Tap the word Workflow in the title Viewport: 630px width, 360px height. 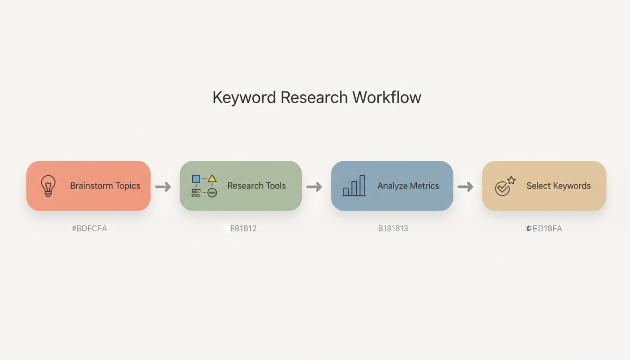pyautogui.click(x=387, y=97)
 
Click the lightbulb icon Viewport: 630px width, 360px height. pyautogui.click(x=48, y=186)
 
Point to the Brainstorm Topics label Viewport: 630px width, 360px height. pyautogui.click(x=105, y=186)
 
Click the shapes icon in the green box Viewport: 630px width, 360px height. pyautogui.click(x=204, y=186)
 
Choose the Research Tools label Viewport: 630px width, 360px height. pyautogui.click(x=256, y=186)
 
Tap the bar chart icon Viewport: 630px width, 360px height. pyautogui.click(x=354, y=186)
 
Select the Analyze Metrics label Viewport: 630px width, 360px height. pyautogui.click(x=408, y=186)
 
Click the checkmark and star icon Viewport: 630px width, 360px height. pyautogui.click(x=505, y=186)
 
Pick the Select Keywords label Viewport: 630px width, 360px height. pyautogui.click(x=558, y=186)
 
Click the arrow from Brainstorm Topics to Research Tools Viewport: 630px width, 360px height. pyautogui.click(x=163, y=187)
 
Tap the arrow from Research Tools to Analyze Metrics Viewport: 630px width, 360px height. pyautogui.click(x=314, y=187)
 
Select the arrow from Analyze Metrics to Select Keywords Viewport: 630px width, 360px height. pyautogui.click(x=465, y=187)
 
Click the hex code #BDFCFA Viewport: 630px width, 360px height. pyautogui.click(x=89, y=229)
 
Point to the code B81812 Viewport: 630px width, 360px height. pyautogui.click(x=243, y=229)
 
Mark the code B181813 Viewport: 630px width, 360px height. pyautogui.click(x=393, y=229)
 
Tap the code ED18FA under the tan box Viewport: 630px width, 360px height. pyautogui.click(x=545, y=229)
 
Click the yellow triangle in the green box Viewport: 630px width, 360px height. pyautogui.click(x=212, y=179)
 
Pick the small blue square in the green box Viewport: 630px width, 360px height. pyautogui.click(x=196, y=179)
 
